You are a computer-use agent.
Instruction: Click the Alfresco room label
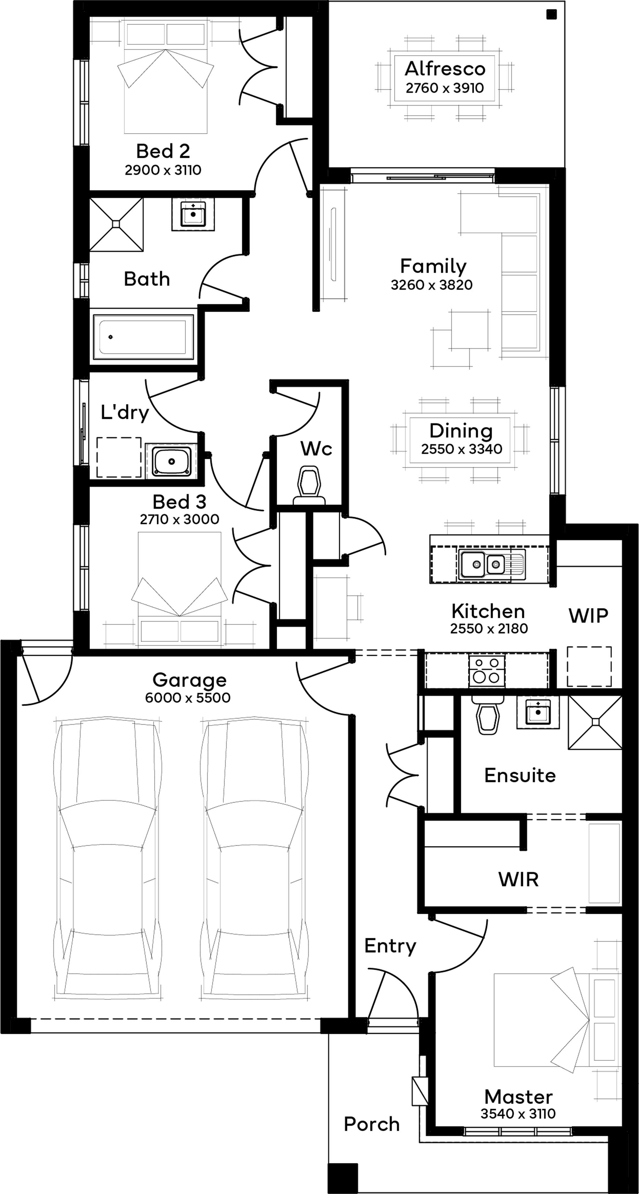click(x=445, y=69)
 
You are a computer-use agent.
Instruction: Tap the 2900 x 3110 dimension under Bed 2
click(x=163, y=170)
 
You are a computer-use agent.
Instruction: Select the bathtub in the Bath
click(x=144, y=337)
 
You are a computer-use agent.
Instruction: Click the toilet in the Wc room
click(x=310, y=486)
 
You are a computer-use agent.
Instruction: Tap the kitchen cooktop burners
click(x=487, y=671)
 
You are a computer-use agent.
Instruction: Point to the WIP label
click(x=589, y=616)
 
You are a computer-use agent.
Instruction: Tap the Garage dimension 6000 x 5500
click(x=188, y=698)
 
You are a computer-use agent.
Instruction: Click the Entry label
click(x=390, y=947)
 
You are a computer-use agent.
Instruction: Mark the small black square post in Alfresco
click(x=551, y=14)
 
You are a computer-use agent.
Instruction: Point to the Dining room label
click(x=461, y=431)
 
